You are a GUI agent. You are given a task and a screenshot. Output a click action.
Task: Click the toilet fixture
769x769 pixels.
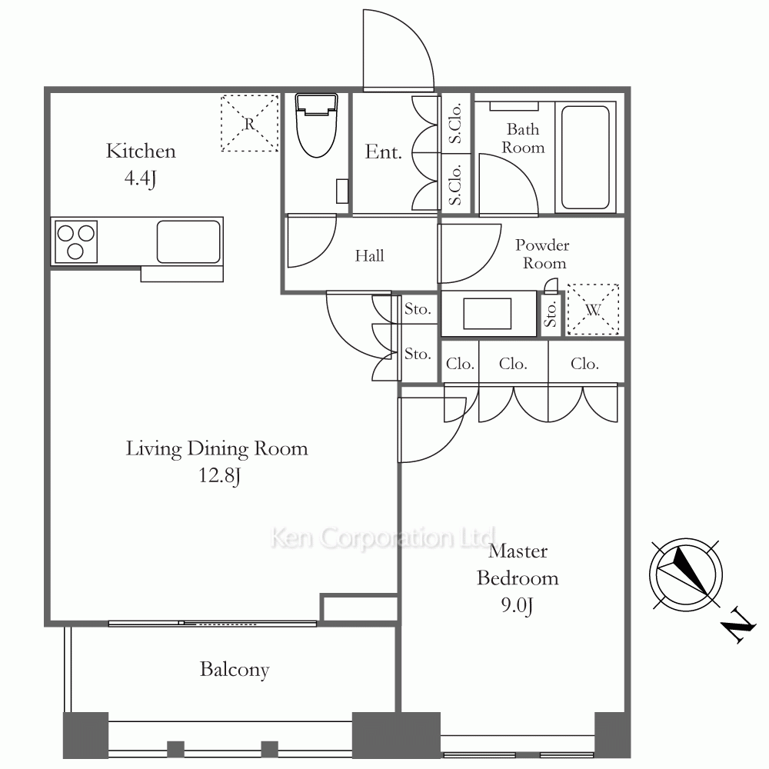pyautogui.click(x=316, y=125)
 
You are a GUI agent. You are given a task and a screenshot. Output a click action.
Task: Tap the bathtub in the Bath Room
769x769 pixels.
pyautogui.click(x=585, y=158)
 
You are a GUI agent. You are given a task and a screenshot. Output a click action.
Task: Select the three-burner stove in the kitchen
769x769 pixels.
pyautogui.click(x=76, y=241)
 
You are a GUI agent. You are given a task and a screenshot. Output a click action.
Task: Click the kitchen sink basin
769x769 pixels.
pyautogui.click(x=189, y=241)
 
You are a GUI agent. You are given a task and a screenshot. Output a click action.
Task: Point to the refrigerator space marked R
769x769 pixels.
pyautogui.click(x=250, y=123)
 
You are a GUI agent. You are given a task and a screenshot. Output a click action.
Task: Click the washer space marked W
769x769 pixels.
pyautogui.click(x=593, y=309)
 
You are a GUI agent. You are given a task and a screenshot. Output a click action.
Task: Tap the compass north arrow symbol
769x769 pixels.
pyautogui.click(x=686, y=574)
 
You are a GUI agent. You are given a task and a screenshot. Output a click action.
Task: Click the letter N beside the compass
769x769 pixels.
pyautogui.click(x=737, y=624)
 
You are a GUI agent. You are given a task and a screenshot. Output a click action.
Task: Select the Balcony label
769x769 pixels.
pyautogui.click(x=235, y=670)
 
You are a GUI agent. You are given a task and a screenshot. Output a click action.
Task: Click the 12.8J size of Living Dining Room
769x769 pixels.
pyautogui.click(x=219, y=475)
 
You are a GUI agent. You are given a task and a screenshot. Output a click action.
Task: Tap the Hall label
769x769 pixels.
pyautogui.click(x=369, y=255)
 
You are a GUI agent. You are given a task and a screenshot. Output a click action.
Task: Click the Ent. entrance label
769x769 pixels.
pyautogui.click(x=383, y=151)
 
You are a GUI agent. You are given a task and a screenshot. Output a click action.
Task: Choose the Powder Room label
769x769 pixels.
pyautogui.click(x=543, y=254)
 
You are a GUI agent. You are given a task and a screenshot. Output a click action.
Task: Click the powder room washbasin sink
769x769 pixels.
pyautogui.click(x=488, y=314)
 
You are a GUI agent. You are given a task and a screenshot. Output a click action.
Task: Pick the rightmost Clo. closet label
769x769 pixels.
pyautogui.click(x=584, y=364)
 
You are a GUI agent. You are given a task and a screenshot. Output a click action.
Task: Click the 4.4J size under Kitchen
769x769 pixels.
pyautogui.click(x=140, y=178)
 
